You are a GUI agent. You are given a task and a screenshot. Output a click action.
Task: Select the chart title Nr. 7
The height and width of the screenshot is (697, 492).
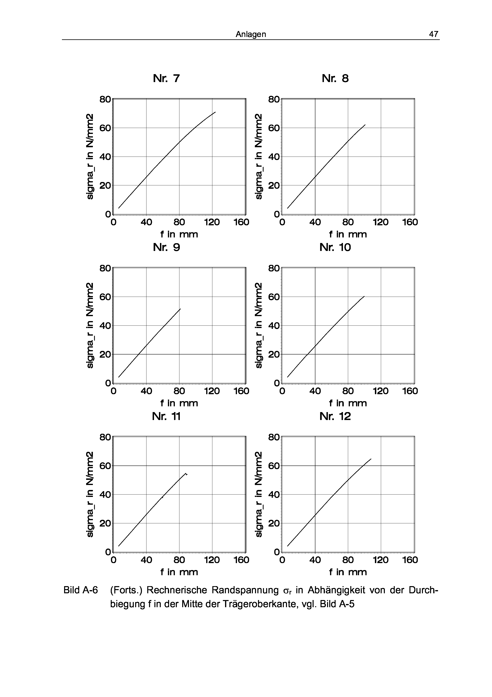pyautogui.click(x=167, y=79)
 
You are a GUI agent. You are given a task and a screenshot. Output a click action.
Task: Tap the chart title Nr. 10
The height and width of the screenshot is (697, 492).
pyautogui.click(x=335, y=247)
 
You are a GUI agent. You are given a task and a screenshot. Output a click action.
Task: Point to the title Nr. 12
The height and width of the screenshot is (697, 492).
pyautogui.click(x=335, y=416)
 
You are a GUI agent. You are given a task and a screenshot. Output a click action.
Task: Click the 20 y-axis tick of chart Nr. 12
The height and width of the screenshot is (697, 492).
pyautogui.click(x=274, y=523)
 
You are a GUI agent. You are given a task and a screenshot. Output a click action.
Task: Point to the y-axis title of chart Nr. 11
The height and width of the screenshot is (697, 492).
pyautogui.click(x=90, y=494)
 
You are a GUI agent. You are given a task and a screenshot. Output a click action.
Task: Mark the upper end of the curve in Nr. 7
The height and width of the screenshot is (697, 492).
pyautogui.click(x=215, y=112)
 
